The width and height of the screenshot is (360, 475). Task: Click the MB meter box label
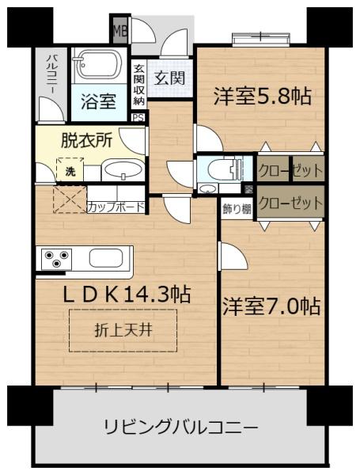(120, 30)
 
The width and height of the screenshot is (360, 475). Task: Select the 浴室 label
(99, 101)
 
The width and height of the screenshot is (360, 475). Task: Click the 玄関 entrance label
(169, 78)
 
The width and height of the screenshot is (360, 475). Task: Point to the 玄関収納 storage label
(138, 85)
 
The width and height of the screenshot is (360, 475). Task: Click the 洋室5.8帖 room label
(262, 96)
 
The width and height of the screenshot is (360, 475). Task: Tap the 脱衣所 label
(87, 140)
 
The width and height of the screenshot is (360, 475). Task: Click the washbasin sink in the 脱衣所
(123, 169)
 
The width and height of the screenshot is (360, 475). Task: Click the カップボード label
(116, 207)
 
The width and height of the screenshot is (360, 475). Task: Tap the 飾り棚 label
(237, 209)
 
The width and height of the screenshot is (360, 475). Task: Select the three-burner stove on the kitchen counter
(56, 259)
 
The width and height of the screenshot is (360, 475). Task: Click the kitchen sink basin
(106, 258)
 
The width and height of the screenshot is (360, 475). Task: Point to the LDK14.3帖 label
(127, 294)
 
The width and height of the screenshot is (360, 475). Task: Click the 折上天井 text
(123, 330)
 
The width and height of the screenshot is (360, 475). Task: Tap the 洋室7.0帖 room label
(271, 306)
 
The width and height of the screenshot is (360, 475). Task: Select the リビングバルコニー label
(181, 427)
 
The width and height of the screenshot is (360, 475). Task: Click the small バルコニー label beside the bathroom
(51, 74)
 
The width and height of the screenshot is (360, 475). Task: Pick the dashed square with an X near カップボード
(70, 199)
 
